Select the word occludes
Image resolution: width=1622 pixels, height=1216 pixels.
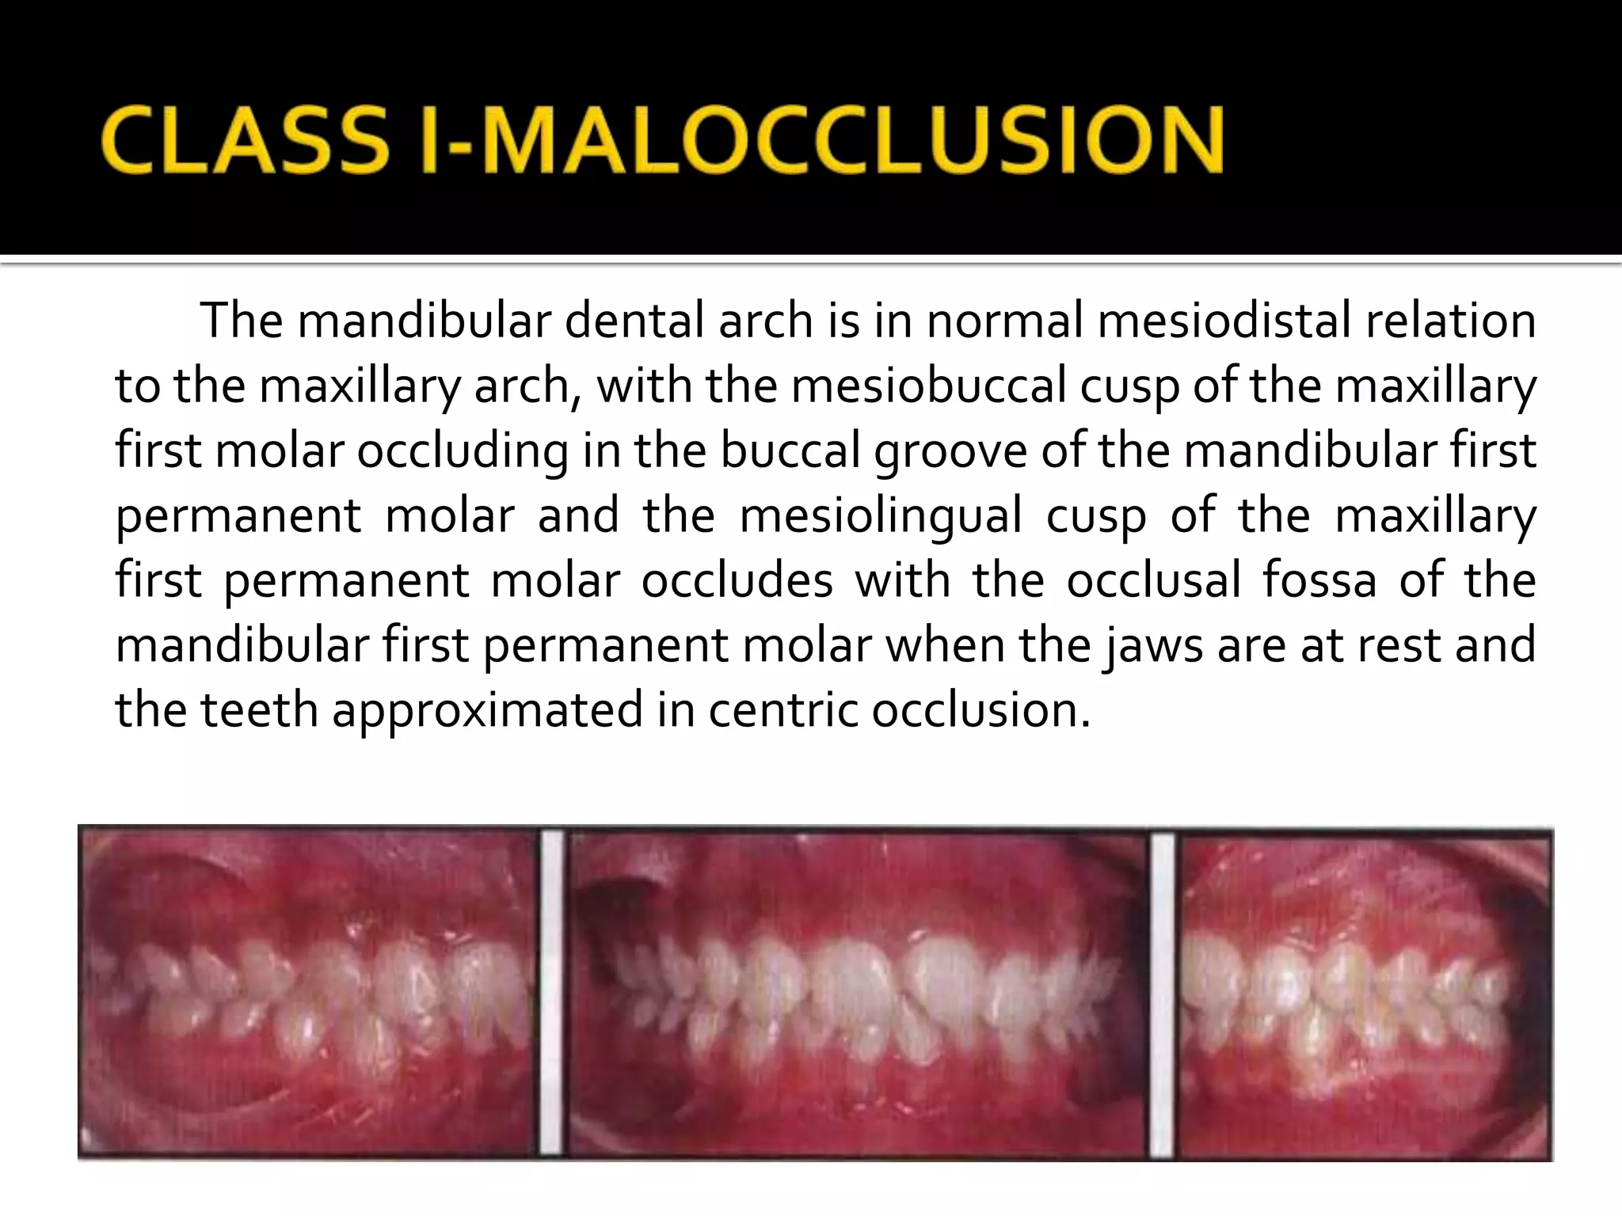[x=737, y=580]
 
